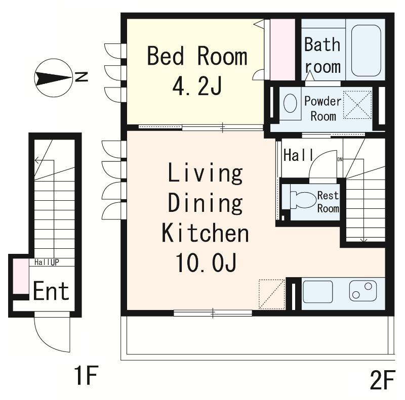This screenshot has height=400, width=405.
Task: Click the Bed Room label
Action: click(197, 56)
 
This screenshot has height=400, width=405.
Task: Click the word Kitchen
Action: click(205, 233)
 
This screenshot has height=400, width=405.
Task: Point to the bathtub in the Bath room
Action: click(366, 51)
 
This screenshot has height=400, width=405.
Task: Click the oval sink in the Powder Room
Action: click(290, 103)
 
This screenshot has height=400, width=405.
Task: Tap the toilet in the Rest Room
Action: click(303, 199)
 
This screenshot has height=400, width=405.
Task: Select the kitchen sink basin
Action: click(317, 292)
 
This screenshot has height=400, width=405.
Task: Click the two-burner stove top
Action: click(362, 291)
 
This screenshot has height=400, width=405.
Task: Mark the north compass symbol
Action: click(54, 78)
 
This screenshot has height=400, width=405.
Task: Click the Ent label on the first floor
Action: click(51, 291)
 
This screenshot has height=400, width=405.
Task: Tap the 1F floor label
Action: click(86, 375)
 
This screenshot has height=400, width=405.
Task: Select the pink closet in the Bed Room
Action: click(282, 50)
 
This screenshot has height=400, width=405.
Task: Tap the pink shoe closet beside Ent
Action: click(21, 276)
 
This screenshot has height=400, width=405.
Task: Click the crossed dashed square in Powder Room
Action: click(357, 105)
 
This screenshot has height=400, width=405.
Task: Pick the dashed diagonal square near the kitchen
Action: click(272, 294)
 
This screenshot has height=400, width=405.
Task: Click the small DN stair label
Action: click(340, 159)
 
